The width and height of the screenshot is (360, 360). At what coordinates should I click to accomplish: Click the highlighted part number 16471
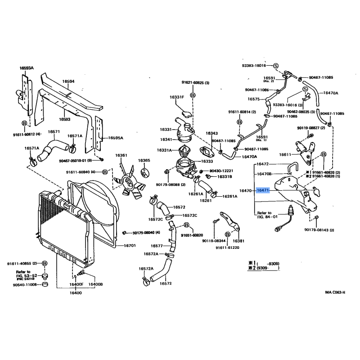(x=263, y=190)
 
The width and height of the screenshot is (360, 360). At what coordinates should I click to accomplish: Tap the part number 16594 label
(x=68, y=82)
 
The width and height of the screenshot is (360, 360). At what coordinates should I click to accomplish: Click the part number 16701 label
(x=130, y=246)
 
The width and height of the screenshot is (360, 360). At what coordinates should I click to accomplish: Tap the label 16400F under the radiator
(x=76, y=284)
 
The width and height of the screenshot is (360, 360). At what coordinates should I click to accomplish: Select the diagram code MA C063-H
(x=335, y=292)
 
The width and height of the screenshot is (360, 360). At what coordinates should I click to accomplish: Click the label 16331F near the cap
(x=177, y=97)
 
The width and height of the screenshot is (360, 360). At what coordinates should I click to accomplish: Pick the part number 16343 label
(x=211, y=133)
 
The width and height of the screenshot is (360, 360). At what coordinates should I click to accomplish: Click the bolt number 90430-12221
(x=221, y=171)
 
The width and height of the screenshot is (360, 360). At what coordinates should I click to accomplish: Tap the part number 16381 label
(x=238, y=241)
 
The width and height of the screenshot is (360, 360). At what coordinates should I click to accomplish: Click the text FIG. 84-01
(x=267, y=216)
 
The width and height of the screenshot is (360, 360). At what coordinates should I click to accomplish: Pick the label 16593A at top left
(x=27, y=68)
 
